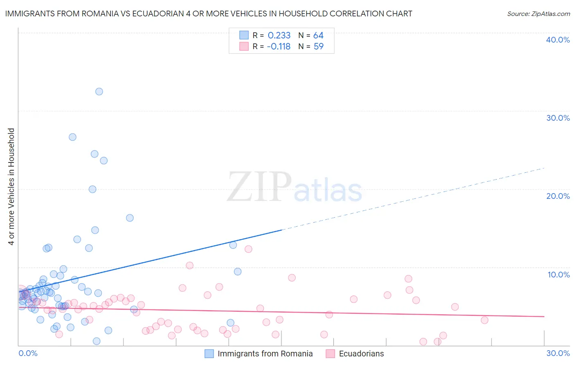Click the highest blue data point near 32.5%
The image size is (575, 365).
click(x=99, y=92)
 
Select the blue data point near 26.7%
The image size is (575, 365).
click(x=72, y=137)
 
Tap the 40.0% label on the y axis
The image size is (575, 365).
click(x=558, y=40)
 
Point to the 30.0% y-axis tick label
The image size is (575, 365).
click(x=558, y=118)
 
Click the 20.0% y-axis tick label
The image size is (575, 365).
click(x=558, y=196)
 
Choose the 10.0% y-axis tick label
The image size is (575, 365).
click(x=559, y=275)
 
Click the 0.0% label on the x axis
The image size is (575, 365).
click(x=28, y=353)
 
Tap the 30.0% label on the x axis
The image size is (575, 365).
click(x=558, y=353)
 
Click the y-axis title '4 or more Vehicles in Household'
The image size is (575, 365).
click(x=11, y=187)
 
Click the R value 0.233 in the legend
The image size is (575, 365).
click(x=279, y=36)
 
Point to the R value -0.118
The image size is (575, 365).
click(x=279, y=47)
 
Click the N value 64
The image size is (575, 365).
click(x=318, y=36)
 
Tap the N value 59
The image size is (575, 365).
click(x=318, y=47)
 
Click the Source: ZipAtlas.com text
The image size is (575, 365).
click(x=538, y=14)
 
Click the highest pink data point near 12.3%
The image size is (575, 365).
click(x=248, y=249)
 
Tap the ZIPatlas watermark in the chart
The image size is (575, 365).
click(x=294, y=187)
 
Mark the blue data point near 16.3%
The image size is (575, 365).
click(x=130, y=218)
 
